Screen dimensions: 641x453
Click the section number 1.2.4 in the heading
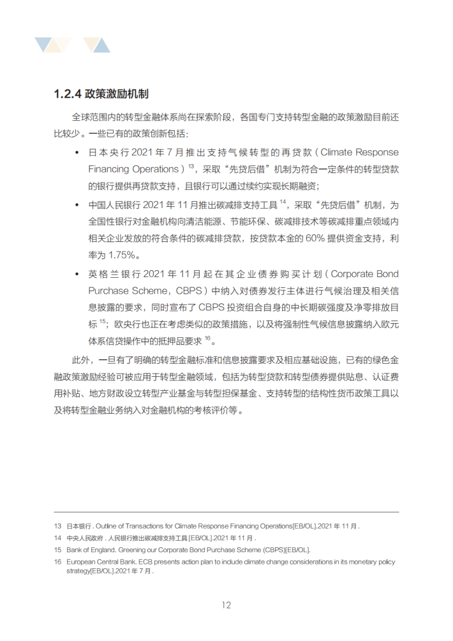point(67,94)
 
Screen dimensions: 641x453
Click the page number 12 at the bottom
point(226,605)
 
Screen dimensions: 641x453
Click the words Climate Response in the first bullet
point(359,153)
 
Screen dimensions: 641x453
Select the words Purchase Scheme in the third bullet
point(125,290)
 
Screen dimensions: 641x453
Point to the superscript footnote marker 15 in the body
point(102,320)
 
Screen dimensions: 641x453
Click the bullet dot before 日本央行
point(77,153)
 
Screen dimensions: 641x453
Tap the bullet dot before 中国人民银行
point(77,205)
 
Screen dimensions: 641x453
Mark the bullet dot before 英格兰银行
point(77,275)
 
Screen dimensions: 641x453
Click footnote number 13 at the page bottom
point(57,526)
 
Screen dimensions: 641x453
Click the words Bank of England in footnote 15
point(89,549)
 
